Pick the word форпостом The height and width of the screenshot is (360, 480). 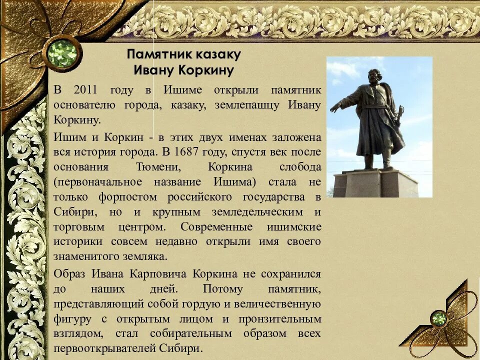(129, 196)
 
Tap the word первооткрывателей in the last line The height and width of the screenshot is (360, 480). (102, 348)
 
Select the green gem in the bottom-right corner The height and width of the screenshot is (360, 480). (439, 318)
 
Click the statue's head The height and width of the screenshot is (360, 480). (375, 77)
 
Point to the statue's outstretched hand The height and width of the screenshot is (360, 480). (334, 106)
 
